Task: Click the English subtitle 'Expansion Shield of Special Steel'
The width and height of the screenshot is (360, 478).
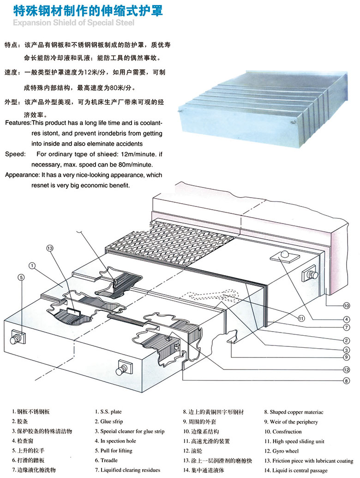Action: (73, 23)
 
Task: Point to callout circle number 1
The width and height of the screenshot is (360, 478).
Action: (32, 266)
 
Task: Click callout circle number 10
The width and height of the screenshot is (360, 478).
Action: (346, 305)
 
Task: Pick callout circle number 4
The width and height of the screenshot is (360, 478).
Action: (346, 318)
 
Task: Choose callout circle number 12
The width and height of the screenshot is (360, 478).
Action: (346, 369)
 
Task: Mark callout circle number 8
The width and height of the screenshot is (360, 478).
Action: (346, 381)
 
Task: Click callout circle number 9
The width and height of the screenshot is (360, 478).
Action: (346, 357)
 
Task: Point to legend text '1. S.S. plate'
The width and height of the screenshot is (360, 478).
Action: (108, 411)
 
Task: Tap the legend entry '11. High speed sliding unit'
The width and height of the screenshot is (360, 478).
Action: (301, 441)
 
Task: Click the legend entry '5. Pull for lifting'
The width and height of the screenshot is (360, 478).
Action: (113, 450)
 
